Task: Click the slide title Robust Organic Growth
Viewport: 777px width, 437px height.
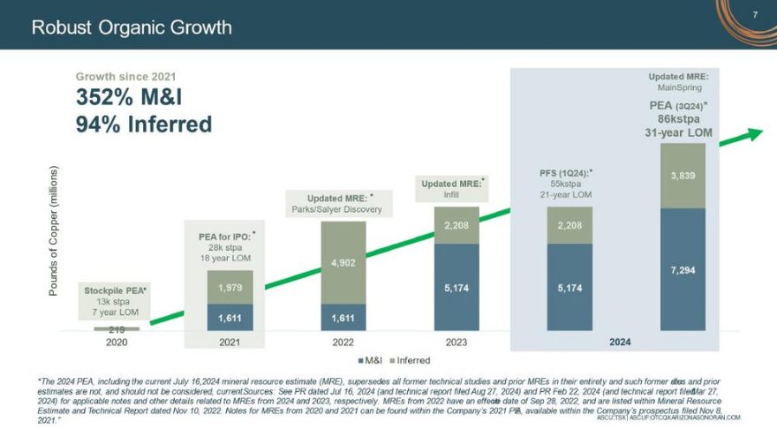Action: point(132,27)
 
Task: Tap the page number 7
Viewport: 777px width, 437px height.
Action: point(756,15)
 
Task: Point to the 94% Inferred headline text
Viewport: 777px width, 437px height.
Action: point(144,124)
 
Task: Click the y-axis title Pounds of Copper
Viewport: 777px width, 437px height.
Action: point(56,230)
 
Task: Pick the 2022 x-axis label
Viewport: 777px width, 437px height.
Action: point(343,341)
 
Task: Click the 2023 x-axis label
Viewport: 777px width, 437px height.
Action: point(456,341)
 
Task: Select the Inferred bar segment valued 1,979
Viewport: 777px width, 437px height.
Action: point(230,287)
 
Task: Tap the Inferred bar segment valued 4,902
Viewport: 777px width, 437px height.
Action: point(343,263)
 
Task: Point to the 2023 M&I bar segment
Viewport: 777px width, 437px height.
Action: point(456,287)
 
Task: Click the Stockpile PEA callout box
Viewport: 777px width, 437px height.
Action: point(116,302)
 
